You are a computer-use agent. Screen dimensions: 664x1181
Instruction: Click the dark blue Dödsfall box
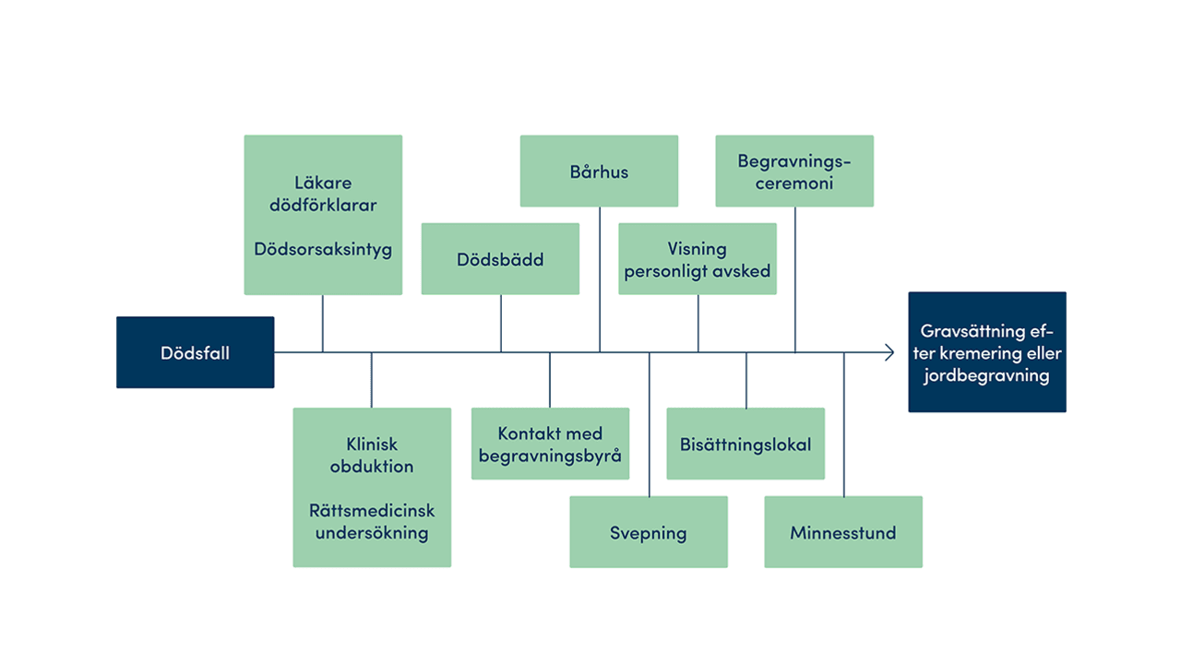tap(195, 352)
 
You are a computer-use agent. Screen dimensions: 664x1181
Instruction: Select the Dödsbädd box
tap(500, 259)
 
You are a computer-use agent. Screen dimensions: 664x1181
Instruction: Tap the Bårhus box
tap(599, 172)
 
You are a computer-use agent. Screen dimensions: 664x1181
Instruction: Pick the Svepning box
tap(648, 532)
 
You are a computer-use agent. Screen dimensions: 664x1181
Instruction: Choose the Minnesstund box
tap(843, 532)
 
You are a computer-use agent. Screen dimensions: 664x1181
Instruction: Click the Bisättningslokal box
tap(746, 444)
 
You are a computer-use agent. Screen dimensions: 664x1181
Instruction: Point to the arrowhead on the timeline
tap(889, 352)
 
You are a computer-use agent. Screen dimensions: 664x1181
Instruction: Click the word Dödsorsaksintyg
tap(323, 249)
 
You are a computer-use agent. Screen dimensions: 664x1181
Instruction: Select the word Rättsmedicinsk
tap(372, 510)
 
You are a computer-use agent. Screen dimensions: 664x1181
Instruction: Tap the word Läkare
tap(323, 183)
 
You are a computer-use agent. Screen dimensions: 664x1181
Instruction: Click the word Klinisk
tap(372, 444)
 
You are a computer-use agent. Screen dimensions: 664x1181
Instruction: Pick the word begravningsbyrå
tap(550, 456)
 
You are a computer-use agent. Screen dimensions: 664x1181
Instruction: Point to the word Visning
tap(698, 249)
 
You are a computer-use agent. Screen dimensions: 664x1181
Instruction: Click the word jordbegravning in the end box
tap(987, 375)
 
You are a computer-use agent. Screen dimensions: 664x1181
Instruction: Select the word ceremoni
tap(794, 183)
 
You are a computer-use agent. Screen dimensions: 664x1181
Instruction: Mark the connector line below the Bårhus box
tap(600, 277)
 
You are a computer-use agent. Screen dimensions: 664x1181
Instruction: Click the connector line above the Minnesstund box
tap(844, 424)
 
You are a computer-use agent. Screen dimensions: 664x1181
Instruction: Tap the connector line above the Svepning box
tap(649, 424)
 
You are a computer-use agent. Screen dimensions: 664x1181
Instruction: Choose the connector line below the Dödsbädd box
tap(501, 323)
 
